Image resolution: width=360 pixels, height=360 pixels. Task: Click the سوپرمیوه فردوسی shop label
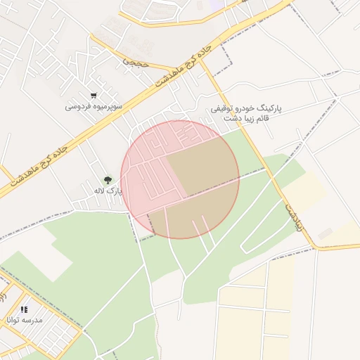[94, 106]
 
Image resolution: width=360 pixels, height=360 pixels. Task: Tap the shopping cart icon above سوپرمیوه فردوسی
[94, 96]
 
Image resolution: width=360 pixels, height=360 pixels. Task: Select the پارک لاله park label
[108, 191]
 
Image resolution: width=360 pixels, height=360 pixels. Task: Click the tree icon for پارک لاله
[108, 181]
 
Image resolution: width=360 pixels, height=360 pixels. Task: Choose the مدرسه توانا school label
[25, 319]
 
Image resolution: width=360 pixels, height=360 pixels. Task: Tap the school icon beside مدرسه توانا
[24, 309]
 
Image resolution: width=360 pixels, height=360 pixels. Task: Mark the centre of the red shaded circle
[180, 179]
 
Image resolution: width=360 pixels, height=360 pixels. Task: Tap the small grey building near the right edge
[325, 233]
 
